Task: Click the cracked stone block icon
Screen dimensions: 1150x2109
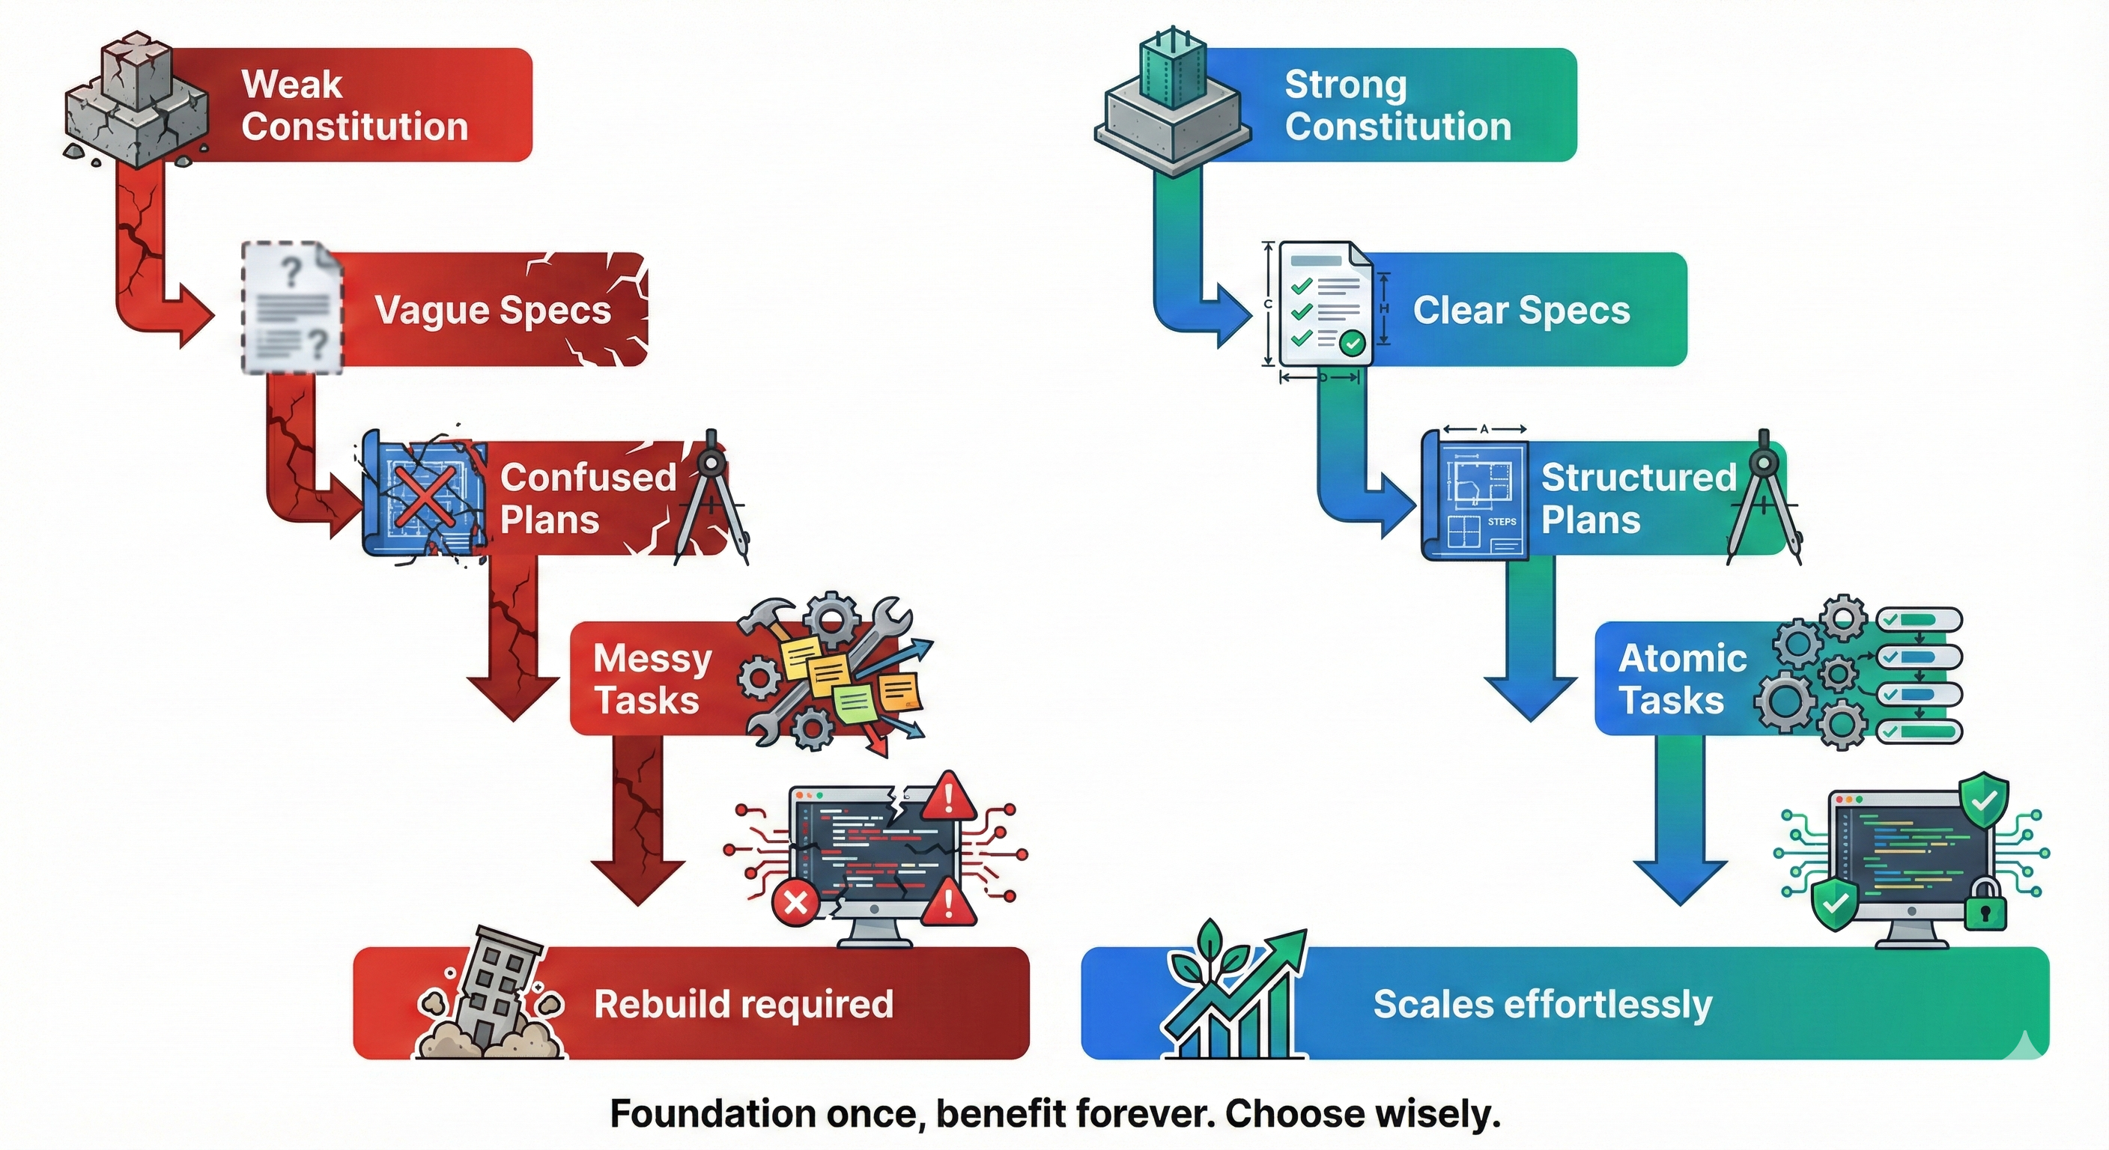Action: pyautogui.click(x=135, y=103)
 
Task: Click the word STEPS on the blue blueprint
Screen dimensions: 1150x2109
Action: pyautogui.click(x=1502, y=521)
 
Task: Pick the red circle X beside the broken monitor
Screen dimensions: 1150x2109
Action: pyautogui.click(x=795, y=904)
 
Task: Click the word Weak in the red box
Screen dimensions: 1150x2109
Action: pyautogui.click(x=291, y=85)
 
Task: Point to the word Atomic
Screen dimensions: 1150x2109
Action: pyautogui.click(x=1682, y=659)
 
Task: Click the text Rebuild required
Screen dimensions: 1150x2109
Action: pyautogui.click(x=743, y=1004)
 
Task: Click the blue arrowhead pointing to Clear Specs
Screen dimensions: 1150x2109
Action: pyautogui.click(x=1233, y=316)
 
